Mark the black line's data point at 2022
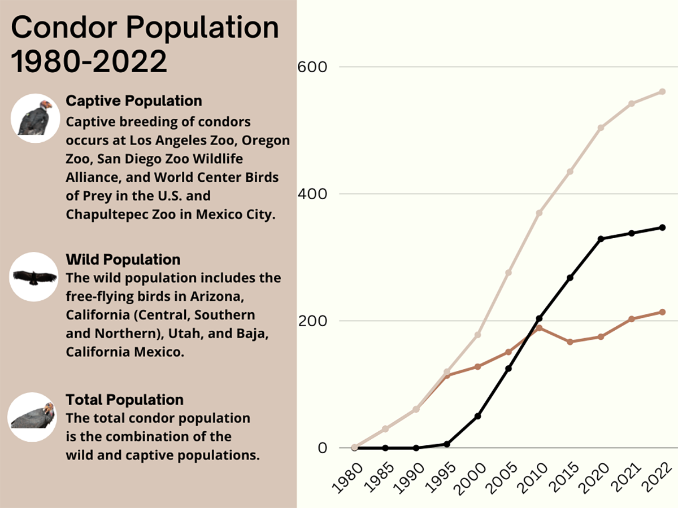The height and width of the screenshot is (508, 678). click(x=662, y=227)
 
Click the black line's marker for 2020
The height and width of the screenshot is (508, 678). click(x=601, y=239)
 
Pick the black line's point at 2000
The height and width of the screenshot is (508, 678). click(x=477, y=416)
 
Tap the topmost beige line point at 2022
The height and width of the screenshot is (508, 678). click(x=662, y=91)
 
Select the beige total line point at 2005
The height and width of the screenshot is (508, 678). click(x=508, y=273)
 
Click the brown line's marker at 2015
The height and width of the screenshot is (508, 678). click(x=570, y=342)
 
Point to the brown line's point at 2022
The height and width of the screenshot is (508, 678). click(x=662, y=312)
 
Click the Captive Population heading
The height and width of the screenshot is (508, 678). click(x=134, y=101)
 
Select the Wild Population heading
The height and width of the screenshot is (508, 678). click(x=123, y=260)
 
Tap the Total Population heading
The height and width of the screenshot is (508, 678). click(x=125, y=400)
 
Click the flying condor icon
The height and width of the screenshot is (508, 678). click(x=34, y=277)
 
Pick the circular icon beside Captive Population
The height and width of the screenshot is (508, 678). click(x=35, y=119)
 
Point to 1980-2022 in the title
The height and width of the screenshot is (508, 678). click(x=89, y=61)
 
